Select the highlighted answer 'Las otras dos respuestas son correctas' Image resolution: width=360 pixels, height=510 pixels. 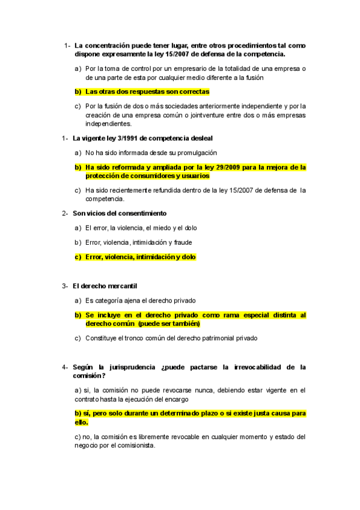[x=147, y=92]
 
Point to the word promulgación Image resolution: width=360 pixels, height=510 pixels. [x=194, y=153]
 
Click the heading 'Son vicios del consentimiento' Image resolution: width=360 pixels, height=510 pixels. [x=120, y=214]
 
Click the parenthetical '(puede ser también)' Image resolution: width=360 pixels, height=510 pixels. [x=168, y=324]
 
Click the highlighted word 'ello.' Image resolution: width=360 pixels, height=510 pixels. [x=82, y=422]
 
